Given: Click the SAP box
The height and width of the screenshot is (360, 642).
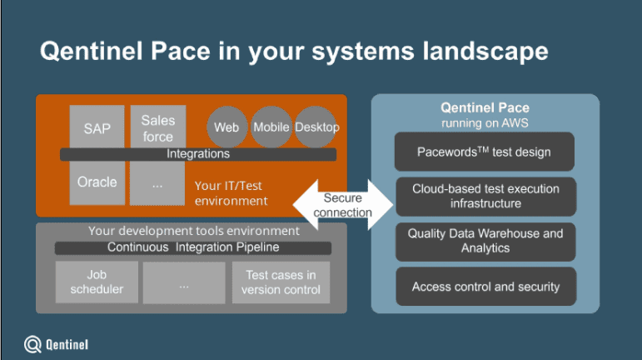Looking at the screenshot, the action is (x=97, y=127).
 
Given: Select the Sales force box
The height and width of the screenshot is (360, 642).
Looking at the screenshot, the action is (x=158, y=127).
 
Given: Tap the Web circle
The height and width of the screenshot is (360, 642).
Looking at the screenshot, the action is (x=226, y=127).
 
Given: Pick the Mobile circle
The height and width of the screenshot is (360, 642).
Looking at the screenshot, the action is (x=271, y=127).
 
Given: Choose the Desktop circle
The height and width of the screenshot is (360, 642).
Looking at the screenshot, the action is (x=316, y=127).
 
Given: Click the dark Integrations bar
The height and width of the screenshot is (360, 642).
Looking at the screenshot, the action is (x=198, y=154).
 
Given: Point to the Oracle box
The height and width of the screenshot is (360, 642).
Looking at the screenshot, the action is (x=97, y=182).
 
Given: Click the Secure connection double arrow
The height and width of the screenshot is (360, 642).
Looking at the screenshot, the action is (x=343, y=205).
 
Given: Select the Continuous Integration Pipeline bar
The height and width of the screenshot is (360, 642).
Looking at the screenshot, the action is (x=193, y=247).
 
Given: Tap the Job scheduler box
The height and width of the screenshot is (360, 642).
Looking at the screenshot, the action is (x=97, y=282).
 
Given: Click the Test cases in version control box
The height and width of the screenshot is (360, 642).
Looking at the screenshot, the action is (x=281, y=282).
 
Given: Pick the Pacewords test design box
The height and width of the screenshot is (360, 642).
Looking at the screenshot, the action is (x=485, y=152).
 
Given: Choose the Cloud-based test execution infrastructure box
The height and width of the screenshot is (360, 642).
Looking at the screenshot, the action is (x=485, y=197).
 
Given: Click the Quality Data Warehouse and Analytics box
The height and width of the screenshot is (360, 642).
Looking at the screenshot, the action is (x=485, y=242).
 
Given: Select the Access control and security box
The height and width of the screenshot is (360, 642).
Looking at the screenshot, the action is (x=486, y=287).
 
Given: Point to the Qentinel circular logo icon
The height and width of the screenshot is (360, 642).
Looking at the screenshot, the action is (x=32, y=344).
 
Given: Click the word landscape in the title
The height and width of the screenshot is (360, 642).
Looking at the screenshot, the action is (x=485, y=52).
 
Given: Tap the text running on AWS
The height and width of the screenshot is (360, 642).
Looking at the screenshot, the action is (x=485, y=123).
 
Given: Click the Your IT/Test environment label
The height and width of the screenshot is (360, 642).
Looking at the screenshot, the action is (x=231, y=193).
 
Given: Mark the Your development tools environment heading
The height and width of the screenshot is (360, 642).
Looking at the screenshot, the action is (x=194, y=231).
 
